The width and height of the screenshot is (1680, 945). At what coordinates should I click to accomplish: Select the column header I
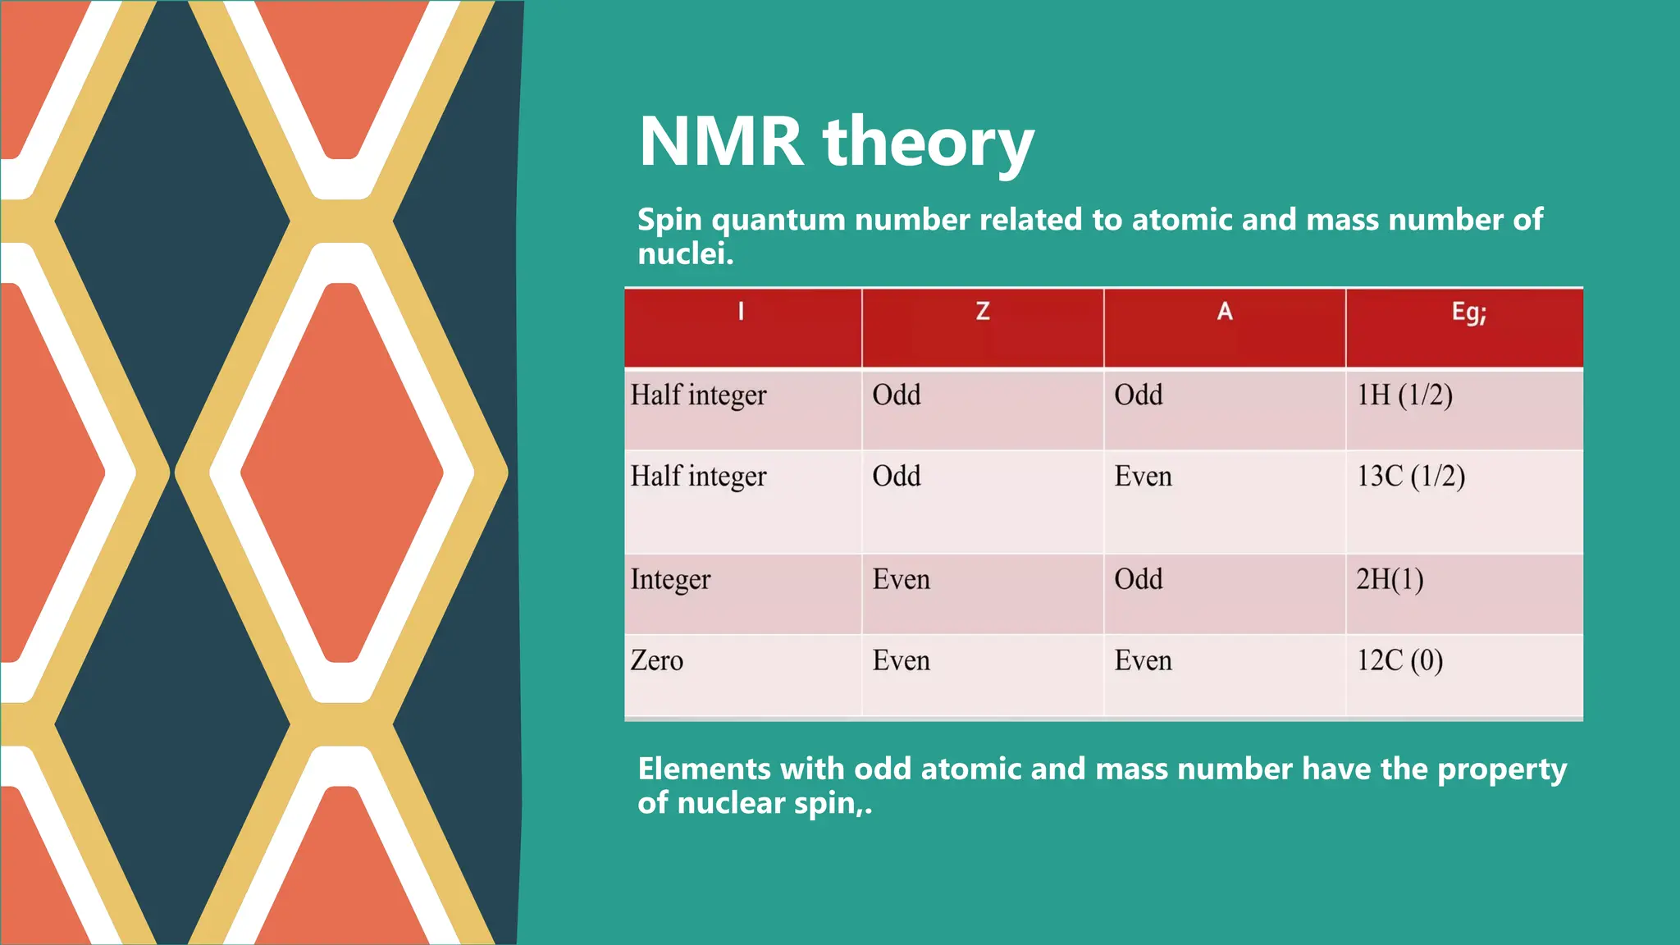[741, 312]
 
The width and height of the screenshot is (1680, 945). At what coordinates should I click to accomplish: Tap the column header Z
[982, 312]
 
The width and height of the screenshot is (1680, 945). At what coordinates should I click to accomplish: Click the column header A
[1224, 312]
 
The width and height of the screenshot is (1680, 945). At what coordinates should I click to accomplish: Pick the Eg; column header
[1468, 313]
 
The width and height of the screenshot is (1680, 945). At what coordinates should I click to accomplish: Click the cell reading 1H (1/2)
[1404, 395]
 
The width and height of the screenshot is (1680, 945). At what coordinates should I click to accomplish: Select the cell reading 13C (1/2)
[1410, 477]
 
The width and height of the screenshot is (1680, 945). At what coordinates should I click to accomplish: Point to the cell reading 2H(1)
[1389, 579]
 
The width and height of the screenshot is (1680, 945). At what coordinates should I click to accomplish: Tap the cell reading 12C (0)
[1399, 660]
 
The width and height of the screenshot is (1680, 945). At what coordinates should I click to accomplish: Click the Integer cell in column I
[670, 580]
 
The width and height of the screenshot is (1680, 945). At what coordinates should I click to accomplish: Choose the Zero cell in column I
[656, 660]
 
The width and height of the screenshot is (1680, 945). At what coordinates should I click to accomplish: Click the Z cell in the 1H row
[896, 395]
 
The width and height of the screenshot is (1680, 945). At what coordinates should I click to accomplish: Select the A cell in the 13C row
[1142, 477]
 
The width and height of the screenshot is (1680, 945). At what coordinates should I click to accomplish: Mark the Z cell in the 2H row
[901, 580]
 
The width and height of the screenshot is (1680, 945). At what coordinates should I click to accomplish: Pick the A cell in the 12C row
[1142, 660]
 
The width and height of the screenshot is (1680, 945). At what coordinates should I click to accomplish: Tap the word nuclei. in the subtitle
[685, 253]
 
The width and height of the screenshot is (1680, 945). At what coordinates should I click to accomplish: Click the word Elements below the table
[704, 769]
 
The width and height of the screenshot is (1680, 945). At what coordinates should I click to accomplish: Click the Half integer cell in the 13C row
[698, 477]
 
